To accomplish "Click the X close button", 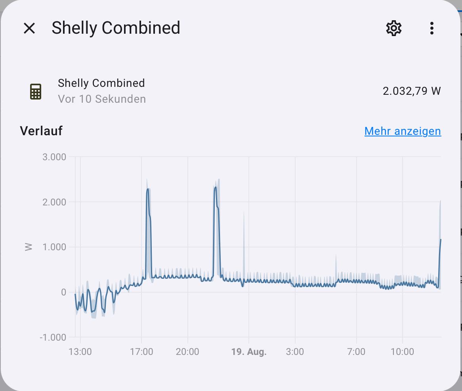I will [29, 28].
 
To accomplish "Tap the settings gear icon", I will [393, 28].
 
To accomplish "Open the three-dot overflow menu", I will [431, 28].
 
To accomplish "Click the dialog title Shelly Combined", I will [116, 28].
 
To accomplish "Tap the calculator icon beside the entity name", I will [36, 91].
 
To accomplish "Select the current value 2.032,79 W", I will [412, 91].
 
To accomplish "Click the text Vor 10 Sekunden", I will [102, 99].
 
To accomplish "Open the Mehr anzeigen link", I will [403, 131].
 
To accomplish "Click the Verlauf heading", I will [41, 131].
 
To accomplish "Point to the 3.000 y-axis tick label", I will [54, 157].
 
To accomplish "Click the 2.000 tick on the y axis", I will [54, 202].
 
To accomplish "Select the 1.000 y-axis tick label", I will [54, 247].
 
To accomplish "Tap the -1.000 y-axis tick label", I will [53, 337].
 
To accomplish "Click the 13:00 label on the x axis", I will [80, 352].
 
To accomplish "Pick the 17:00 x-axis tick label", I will [141, 352].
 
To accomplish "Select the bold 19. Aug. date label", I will [249, 352].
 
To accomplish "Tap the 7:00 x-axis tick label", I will [356, 352].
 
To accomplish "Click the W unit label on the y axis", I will [29, 247].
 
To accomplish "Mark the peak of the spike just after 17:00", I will [148, 189].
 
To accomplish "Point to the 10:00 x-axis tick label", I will [402, 352].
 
